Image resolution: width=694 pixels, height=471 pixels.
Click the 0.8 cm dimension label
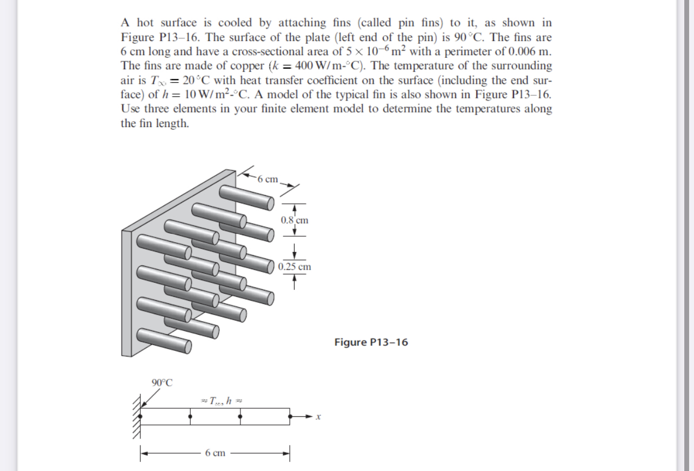295,220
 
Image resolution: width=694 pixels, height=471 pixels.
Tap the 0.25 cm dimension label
295,267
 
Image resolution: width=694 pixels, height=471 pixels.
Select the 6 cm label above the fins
268,179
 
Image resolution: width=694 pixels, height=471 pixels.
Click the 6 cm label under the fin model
215,453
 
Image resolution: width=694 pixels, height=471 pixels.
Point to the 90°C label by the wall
162,383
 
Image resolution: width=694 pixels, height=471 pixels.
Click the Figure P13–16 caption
371,342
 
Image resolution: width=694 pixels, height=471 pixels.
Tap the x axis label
319,417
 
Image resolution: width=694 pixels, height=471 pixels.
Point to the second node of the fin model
190,417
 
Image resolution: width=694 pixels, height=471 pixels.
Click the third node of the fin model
241,417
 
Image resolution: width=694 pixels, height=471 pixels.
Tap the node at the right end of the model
291,417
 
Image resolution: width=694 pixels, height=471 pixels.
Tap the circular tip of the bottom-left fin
189,345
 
